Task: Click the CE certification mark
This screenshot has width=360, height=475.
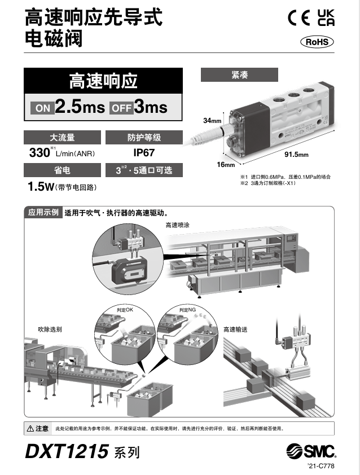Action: pyautogui.click(x=300, y=18)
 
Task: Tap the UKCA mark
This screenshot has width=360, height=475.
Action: pyautogui.click(x=326, y=18)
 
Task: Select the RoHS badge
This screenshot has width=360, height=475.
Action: pyautogui.click(x=317, y=42)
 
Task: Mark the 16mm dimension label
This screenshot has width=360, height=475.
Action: pyautogui.click(x=226, y=165)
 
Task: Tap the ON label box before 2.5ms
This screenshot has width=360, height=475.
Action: pyautogui.click(x=43, y=108)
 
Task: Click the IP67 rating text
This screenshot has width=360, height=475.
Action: pyautogui.click(x=144, y=152)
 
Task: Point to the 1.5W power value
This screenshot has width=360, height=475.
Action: pyautogui.click(x=41, y=186)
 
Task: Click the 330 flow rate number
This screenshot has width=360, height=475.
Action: pyautogui.click(x=39, y=152)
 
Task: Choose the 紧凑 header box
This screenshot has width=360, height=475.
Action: pyautogui.click(x=239, y=75)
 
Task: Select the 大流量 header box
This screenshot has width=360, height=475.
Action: pyautogui.click(x=62, y=137)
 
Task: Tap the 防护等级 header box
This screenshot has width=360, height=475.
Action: pyautogui.click(x=144, y=137)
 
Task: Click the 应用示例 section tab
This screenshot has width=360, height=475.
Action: pyautogui.click(x=43, y=213)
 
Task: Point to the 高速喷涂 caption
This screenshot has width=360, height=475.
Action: pyautogui.click(x=178, y=225)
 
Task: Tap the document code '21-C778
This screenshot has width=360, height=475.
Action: pyautogui.click(x=321, y=467)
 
